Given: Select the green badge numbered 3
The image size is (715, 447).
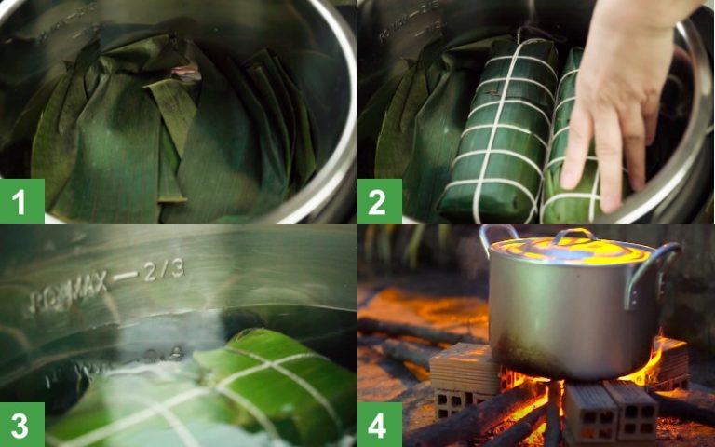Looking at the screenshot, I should point(21,425).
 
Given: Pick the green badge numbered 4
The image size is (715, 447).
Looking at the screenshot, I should point(379,425).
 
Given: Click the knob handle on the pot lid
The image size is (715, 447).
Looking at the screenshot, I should point(573,236).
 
